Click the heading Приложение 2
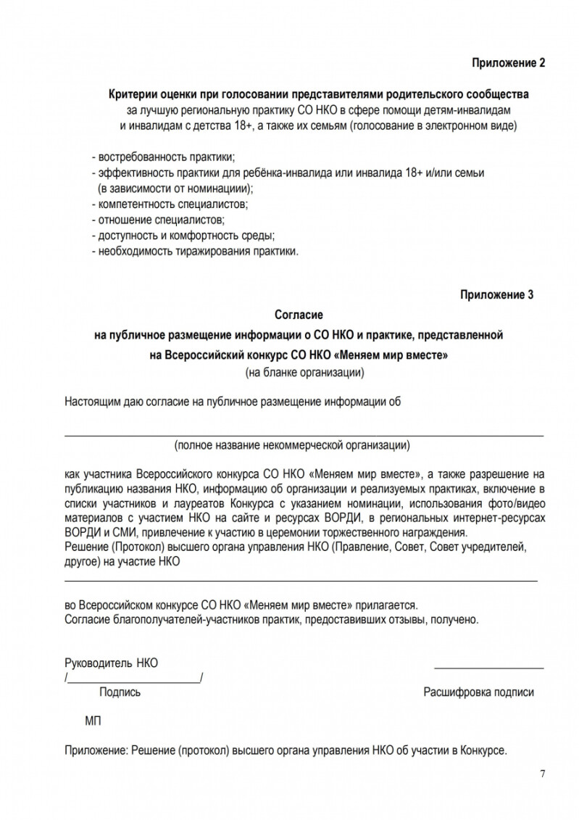(508, 63)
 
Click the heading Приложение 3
(496, 294)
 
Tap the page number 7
(543, 773)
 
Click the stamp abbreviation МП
(93, 722)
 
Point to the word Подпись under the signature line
(120, 692)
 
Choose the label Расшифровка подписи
(478, 692)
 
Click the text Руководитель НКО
(112, 663)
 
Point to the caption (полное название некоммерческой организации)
(293, 444)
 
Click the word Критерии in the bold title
(132, 95)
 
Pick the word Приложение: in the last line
(96, 751)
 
